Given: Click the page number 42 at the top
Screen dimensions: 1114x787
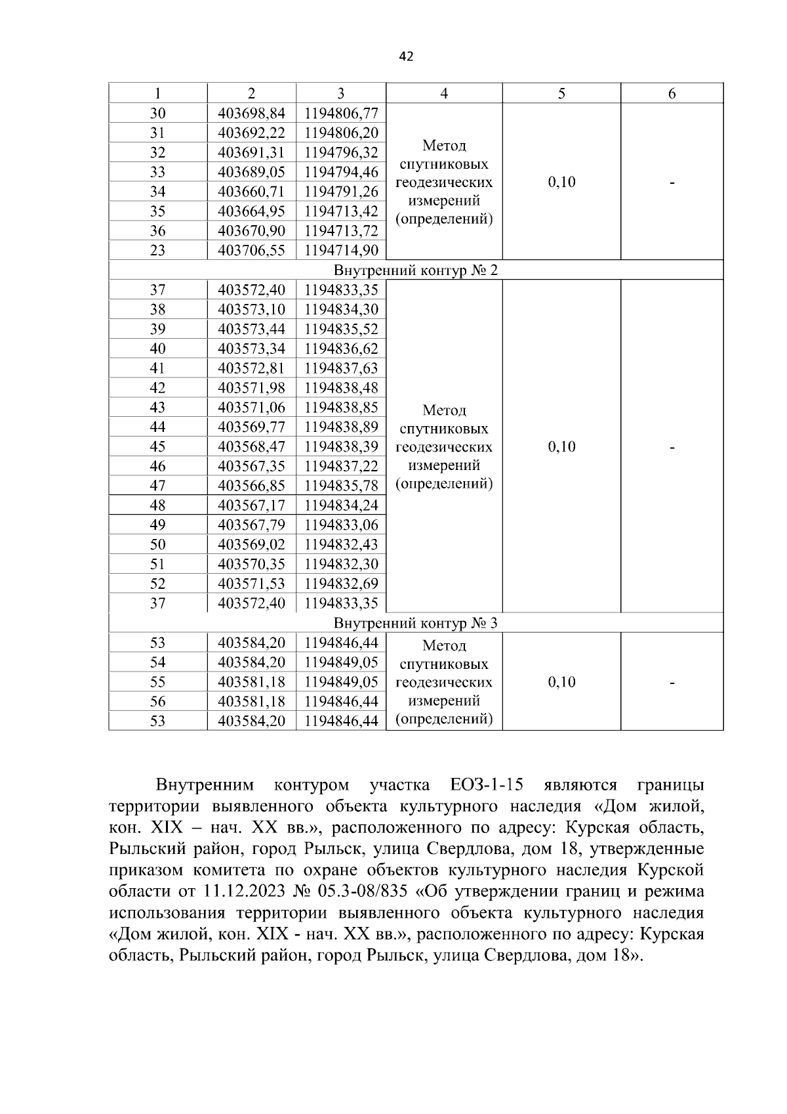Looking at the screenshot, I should (406, 57).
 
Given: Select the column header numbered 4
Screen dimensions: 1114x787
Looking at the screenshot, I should (444, 93).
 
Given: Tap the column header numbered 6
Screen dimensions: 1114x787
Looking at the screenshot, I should (672, 93).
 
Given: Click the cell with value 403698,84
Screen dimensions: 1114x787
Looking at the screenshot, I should (251, 113).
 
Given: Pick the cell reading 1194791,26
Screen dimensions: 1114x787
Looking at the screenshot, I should (341, 192).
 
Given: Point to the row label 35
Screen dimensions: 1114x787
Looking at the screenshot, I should (157, 211).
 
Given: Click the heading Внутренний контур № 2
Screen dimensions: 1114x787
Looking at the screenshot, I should (416, 270).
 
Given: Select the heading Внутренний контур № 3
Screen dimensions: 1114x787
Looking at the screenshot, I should (416, 623).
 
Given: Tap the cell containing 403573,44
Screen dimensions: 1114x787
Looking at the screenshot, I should (251, 329).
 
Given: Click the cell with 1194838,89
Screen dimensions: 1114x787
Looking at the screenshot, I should (341, 427).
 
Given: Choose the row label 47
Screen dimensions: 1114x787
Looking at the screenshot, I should (157, 486).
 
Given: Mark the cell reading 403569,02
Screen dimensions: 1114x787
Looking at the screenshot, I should (251, 545).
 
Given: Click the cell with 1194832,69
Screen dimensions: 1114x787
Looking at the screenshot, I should (341, 584).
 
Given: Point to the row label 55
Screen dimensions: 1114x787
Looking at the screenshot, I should (157, 682).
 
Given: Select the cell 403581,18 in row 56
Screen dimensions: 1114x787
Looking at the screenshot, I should (251, 702).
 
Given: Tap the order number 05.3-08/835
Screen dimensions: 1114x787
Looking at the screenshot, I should (360, 892).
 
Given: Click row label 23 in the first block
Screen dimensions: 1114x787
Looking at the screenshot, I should (157, 251).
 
